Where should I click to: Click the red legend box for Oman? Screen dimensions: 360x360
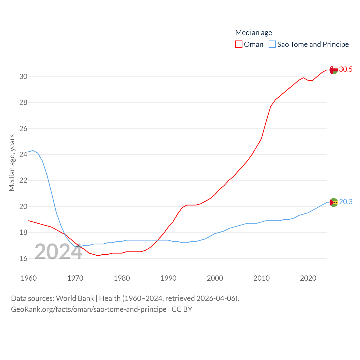tap(239, 44)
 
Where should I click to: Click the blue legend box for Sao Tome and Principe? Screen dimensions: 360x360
tap(272, 44)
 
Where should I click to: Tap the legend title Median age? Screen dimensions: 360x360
tap(253, 33)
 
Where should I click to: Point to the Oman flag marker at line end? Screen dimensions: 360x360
tap(334, 70)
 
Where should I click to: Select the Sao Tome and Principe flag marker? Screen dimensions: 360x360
tap(334, 202)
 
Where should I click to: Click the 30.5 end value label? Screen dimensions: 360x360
tap(346, 69)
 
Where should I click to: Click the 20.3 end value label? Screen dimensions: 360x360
tap(346, 202)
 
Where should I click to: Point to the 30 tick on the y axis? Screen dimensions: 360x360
tap(23, 76)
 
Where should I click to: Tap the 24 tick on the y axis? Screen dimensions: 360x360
tap(23, 154)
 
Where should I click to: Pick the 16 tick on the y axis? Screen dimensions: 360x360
tap(23, 258)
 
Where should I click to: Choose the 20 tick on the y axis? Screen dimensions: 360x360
tap(23, 206)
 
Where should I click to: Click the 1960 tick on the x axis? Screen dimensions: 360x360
tap(29, 278)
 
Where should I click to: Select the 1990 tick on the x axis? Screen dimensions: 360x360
tap(168, 278)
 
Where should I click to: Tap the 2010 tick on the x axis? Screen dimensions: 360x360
tap(262, 278)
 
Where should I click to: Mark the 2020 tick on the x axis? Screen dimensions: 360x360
tap(308, 278)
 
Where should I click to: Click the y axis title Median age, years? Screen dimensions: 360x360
tap(12, 163)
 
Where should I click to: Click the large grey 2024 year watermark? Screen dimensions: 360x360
tap(58, 252)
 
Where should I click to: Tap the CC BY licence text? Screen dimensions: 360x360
tap(182, 309)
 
